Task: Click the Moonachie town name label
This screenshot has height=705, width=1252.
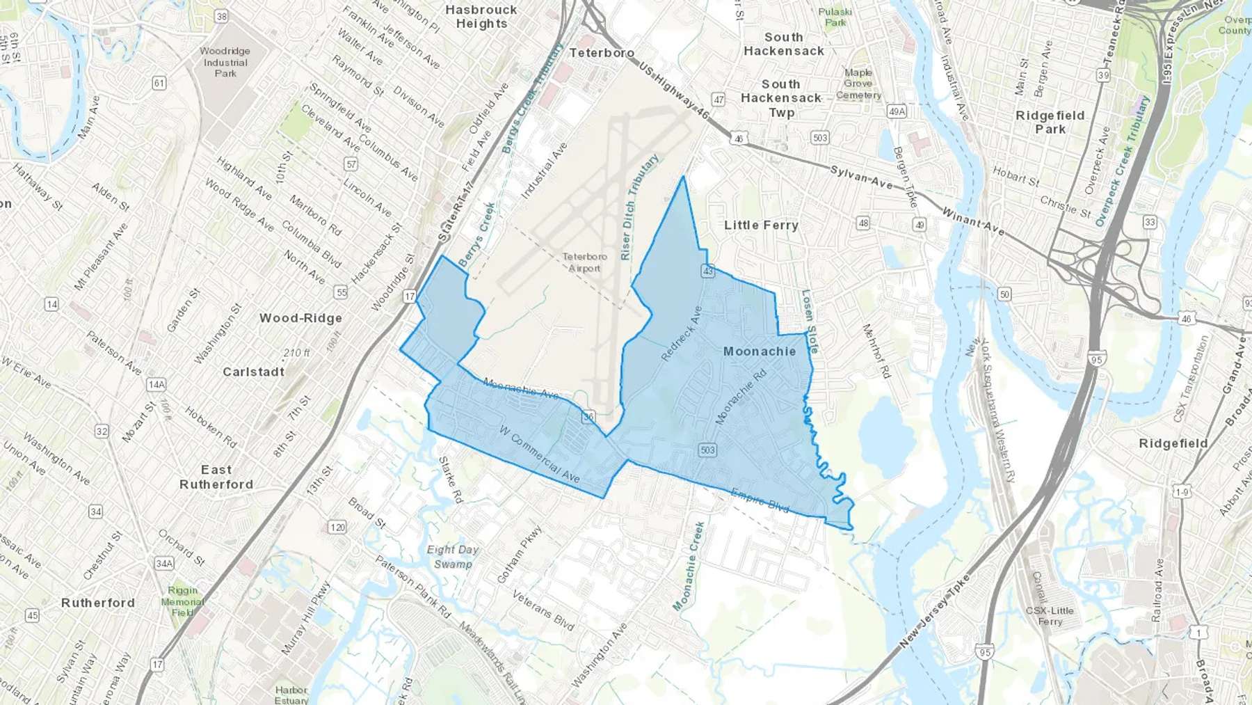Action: (760, 351)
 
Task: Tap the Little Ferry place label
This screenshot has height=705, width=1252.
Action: (761, 225)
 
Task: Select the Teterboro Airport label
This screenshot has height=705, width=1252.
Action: (584, 262)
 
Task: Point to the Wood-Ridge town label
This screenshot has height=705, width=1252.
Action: (300, 318)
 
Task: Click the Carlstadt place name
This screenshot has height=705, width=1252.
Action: (253, 372)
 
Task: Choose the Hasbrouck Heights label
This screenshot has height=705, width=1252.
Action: (481, 17)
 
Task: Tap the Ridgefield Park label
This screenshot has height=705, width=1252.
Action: (1050, 122)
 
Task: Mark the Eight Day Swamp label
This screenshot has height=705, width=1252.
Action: (453, 557)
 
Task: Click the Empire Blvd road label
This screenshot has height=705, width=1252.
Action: (760, 500)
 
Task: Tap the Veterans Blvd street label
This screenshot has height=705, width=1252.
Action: (543, 610)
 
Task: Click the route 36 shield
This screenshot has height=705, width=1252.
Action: (588, 417)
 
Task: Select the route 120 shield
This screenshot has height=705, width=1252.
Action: (337, 527)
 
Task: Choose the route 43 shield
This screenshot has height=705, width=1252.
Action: (708, 271)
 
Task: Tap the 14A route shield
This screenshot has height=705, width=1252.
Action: (156, 384)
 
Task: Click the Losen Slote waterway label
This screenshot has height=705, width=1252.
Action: (810, 321)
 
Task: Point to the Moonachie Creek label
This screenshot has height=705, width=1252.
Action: (689, 566)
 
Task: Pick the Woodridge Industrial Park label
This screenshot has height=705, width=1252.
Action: (225, 62)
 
